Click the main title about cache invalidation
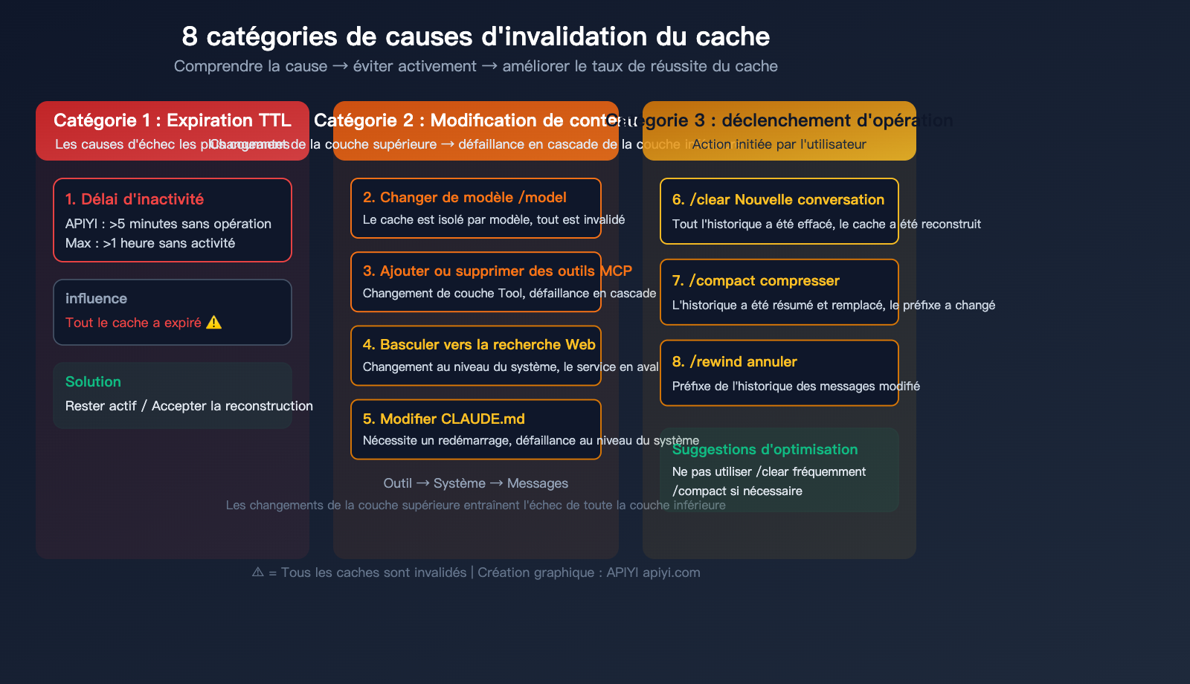pos(475,36)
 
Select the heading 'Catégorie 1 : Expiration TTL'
pos(172,120)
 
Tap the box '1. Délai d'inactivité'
pos(172,219)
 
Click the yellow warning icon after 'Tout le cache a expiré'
pos(214,323)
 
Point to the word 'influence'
pos(96,299)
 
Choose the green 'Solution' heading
pos(93,382)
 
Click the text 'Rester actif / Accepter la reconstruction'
pos(189,406)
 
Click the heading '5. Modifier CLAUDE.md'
pos(443,419)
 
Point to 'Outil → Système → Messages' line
pos(475,483)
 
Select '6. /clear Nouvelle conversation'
pos(778,200)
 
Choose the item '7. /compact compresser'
pos(756,281)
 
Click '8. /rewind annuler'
pos(734,362)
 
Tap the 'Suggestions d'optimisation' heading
pos(765,450)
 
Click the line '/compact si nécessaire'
pos(737,491)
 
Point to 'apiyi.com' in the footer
pos(671,572)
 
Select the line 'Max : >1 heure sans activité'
pos(150,243)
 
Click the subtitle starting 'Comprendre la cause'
pos(475,66)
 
